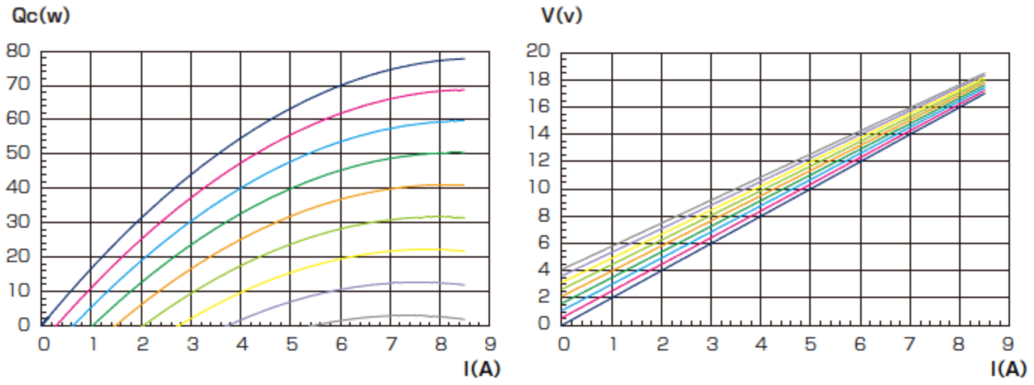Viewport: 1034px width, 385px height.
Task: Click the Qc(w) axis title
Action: click(x=41, y=16)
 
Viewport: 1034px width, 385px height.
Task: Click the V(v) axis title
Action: click(x=558, y=16)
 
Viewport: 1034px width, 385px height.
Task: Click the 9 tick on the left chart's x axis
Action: click(x=489, y=344)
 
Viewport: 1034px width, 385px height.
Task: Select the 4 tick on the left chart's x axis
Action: click(x=242, y=344)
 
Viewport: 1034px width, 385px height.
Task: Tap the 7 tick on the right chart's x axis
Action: click(x=909, y=344)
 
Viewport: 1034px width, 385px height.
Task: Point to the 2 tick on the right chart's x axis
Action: click(x=662, y=344)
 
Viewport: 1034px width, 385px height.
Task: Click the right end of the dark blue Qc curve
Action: click(x=465, y=58)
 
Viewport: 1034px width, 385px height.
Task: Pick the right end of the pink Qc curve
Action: click(x=465, y=89)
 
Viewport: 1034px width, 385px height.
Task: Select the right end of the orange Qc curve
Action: click(x=465, y=185)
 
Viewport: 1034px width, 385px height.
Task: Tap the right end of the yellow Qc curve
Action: click(x=465, y=251)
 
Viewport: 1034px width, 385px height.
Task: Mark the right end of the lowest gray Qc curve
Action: click(x=465, y=319)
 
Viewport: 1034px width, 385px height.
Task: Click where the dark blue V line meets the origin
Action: click(x=563, y=324)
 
